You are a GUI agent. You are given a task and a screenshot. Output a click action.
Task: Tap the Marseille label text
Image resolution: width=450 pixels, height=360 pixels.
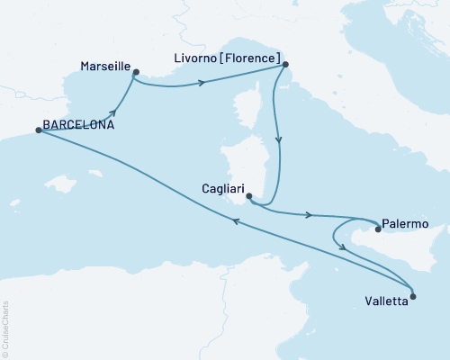pos(105,67)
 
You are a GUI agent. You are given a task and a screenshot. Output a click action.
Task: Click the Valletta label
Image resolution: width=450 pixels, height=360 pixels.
pos(386,302)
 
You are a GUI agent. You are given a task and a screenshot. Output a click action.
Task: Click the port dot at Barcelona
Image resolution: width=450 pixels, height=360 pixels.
pos(39,130)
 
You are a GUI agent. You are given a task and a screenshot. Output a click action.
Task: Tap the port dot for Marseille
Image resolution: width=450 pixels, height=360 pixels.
pos(135,72)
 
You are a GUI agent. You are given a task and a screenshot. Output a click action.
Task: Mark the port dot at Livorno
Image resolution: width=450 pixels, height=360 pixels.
pos(284,65)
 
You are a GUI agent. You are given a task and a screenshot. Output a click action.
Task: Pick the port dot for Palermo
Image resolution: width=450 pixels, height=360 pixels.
pos(378,229)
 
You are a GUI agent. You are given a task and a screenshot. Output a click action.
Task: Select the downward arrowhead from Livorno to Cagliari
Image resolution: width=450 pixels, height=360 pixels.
pos(278,140)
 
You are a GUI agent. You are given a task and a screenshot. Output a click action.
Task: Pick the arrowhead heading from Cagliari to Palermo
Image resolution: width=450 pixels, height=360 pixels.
pos(310,215)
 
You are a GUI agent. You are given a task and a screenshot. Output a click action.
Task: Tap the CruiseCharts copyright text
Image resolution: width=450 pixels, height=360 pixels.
pos(5,328)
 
